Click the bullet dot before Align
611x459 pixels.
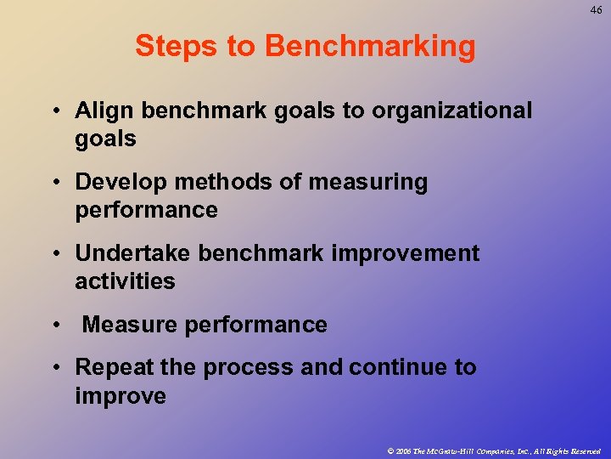(55, 111)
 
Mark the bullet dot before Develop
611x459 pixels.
(55, 183)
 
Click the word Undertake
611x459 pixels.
(133, 254)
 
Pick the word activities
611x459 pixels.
(125, 281)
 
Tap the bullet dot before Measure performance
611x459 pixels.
(55, 326)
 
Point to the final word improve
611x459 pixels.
(121, 396)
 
